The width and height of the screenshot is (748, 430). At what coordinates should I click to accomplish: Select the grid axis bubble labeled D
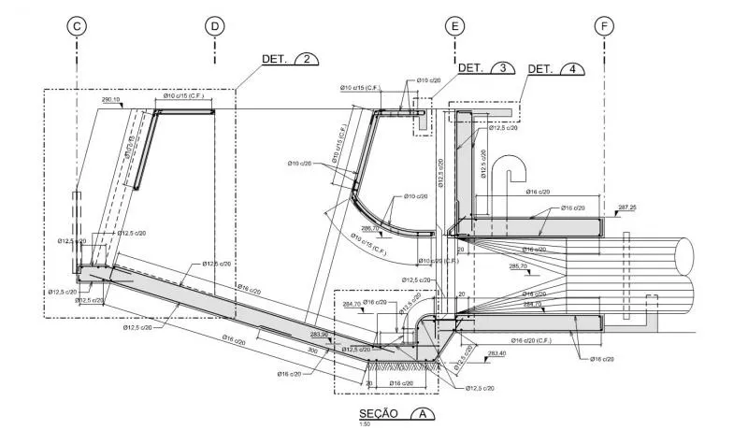click(215, 26)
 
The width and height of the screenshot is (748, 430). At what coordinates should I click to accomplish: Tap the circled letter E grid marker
click(454, 26)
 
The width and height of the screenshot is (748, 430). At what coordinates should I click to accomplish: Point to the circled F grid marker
click(605, 26)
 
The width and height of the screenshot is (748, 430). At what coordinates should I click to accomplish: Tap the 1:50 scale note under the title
click(365, 423)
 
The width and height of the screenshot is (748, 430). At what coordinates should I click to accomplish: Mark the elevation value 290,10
click(111, 99)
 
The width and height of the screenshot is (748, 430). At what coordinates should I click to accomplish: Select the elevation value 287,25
click(626, 208)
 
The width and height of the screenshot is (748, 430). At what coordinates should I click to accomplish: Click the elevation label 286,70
click(371, 227)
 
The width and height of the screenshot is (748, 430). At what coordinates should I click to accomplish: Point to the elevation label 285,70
click(518, 266)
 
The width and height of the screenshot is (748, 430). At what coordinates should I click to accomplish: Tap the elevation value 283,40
click(496, 353)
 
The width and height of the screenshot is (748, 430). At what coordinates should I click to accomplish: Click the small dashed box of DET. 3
click(423, 122)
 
